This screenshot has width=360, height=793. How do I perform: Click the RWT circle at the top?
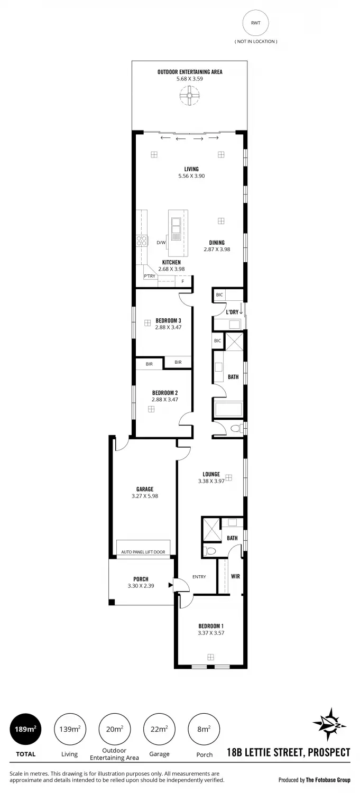pyautogui.click(x=255, y=24)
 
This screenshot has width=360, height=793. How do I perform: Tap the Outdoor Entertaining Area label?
pyautogui.click(x=189, y=71)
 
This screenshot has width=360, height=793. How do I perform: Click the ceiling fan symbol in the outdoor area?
pyautogui.click(x=189, y=96)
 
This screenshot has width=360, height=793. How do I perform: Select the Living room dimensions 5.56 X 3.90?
pyautogui.click(x=191, y=176)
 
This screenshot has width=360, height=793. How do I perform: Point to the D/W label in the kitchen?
pyautogui.click(x=161, y=243)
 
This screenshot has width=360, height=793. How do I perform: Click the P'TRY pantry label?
pyautogui.click(x=150, y=276)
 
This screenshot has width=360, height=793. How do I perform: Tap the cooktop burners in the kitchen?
pyautogui.click(x=142, y=241)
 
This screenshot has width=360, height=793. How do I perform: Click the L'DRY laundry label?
pyautogui.click(x=232, y=312)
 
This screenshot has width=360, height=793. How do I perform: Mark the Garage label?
pyautogui.click(x=144, y=490)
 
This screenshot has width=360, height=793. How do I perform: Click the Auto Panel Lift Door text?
pyautogui.click(x=143, y=552)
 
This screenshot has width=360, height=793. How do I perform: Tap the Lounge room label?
pyautogui.click(x=211, y=474)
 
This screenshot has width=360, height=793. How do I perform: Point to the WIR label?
pyautogui.click(x=235, y=576)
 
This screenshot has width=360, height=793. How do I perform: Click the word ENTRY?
pyautogui.click(x=199, y=577)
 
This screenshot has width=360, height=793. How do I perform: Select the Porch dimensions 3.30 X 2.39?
pyautogui.click(x=141, y=586)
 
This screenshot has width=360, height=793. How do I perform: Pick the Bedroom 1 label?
pyautogui.click(x=211, y=626)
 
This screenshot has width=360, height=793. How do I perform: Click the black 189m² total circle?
pyautogui.click(x=25, y=729)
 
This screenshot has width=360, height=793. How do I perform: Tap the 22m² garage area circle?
pyautogui.click(x=159, y=729)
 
